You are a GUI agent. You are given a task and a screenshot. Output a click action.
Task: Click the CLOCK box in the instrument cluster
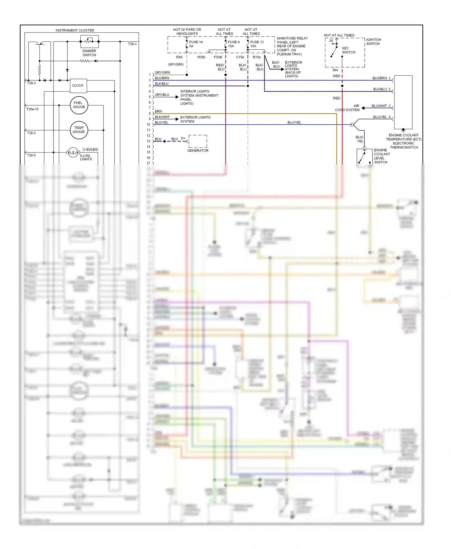point(78,86)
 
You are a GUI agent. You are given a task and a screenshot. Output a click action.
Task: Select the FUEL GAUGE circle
point(79,105)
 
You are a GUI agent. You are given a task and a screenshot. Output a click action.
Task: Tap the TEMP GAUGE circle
point(79,130)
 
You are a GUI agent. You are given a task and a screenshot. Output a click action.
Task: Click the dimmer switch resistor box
point(89,41)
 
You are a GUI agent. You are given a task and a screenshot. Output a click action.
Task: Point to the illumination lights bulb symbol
point(73,153)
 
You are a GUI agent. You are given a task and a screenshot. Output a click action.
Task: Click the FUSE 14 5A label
point(195,44)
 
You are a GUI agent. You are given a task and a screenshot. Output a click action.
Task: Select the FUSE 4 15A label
point(233,44)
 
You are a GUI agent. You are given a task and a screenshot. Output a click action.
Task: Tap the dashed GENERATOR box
point(198,141)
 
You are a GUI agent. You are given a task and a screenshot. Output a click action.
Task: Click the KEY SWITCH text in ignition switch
point(348,50)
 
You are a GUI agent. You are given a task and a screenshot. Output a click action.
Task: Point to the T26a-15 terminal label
point(32,109)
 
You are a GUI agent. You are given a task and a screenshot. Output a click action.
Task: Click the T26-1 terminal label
point(132,44)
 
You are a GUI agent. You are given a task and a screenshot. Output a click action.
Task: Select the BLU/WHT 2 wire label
point(381,106)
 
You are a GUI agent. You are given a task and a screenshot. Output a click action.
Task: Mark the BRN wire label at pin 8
point(158,111)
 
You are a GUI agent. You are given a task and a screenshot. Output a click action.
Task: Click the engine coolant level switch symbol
point(364,156)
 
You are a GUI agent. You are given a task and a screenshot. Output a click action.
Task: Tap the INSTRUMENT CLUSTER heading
point(75,30)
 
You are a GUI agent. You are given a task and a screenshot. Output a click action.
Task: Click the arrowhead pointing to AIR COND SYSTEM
point(363,108)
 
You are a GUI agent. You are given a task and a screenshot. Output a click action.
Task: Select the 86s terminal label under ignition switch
point(335,70)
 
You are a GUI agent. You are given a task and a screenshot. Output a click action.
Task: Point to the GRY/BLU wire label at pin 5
point(162,95)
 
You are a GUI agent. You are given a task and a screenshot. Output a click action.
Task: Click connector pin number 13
point(148,141)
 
